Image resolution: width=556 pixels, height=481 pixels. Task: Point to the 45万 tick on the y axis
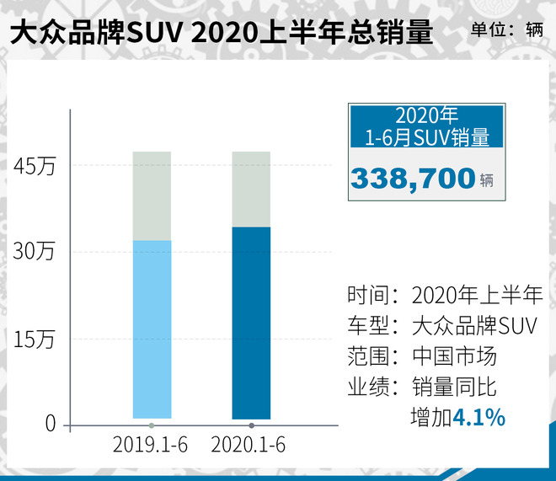point(35,167)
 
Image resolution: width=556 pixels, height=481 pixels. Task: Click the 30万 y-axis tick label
point(35,252)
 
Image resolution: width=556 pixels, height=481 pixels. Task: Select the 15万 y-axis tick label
point(35,339)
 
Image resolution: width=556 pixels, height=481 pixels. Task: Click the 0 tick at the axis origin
point(50,424)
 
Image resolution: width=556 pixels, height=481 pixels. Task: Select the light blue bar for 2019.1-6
point(152,329)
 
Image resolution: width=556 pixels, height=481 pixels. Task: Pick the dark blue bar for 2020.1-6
point(251,323)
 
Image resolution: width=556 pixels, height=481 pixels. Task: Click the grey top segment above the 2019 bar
point(152,195)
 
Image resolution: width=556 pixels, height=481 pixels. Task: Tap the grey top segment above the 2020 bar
point(251,189)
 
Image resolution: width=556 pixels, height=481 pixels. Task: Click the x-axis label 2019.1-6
point(151,444)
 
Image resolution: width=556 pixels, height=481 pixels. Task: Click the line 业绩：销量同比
point(422,387)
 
